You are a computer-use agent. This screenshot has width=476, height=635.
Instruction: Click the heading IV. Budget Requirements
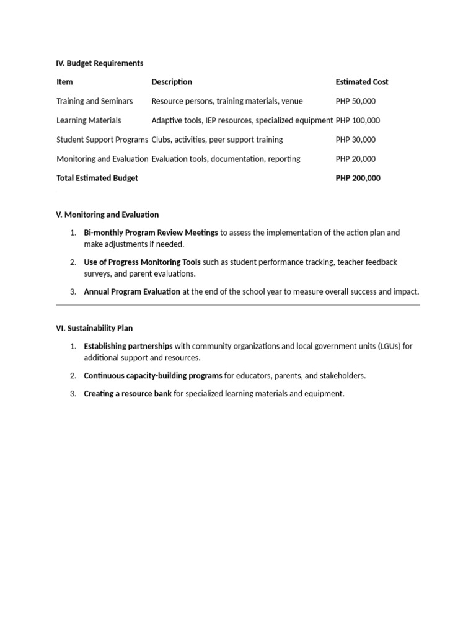[x=99, y=63]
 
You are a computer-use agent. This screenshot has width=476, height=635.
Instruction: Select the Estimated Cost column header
[x=362, y=82]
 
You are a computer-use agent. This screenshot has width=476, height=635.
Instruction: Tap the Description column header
[x=172, y=82]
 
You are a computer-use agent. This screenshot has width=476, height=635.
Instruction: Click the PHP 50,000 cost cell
[x=355, y=101]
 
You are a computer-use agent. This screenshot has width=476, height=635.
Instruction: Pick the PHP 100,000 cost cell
[x=358, y=120]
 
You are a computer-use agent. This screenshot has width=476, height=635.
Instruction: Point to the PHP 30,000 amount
[x=355, y=140]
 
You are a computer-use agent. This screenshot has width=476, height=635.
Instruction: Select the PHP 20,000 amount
[x=355, y=159]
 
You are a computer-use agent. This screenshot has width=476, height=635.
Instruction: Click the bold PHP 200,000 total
[x=358, y=178]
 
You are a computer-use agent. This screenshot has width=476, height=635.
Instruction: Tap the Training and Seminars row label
[x=94, y=101]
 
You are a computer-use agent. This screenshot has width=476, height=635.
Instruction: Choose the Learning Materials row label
[x=89, y=120]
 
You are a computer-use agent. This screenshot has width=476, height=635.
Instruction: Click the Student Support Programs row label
[x=102, y=140]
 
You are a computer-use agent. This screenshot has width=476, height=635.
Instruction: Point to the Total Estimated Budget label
[x=97, y=178]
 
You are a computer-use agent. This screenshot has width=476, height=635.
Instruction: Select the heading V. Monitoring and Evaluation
[x=107, y=215]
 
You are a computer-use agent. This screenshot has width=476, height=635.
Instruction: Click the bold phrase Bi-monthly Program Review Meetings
[x=151, y=233]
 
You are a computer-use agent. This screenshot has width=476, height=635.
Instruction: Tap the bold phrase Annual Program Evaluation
[x=132, y=291]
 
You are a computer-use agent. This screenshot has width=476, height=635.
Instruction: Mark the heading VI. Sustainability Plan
[x=94, y=328]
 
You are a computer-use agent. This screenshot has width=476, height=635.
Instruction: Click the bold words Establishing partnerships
[x=128, y=346]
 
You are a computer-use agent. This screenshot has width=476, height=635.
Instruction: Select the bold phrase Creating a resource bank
[x=128, y=394]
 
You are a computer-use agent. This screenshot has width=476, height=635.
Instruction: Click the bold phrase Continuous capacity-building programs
[x=152, y=376]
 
